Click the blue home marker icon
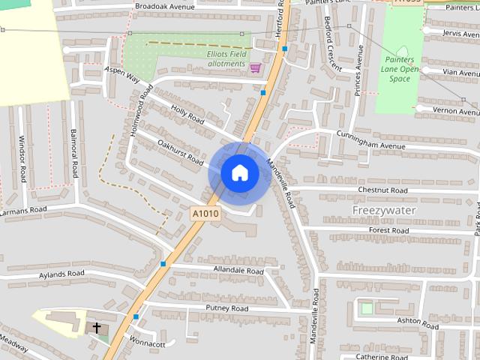pyautogui.click(x=239, y=173)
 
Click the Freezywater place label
pyautogui.click(x=384, y=211)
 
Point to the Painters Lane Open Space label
pyautogui.click(x=398, y=69)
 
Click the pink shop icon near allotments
pyautogui.click(x=255, y=67)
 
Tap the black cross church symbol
pyautogui.click(x=97, y=328)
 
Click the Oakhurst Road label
pyautogui.click(x=180, y=151)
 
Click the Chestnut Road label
pyautogui.click(x=382, y=191)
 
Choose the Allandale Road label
pyautogui.click(x=239, y=270)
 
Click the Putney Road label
pyautogui.click(x=227, y=308)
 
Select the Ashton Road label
pyautogui.click(x=417, y=322)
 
